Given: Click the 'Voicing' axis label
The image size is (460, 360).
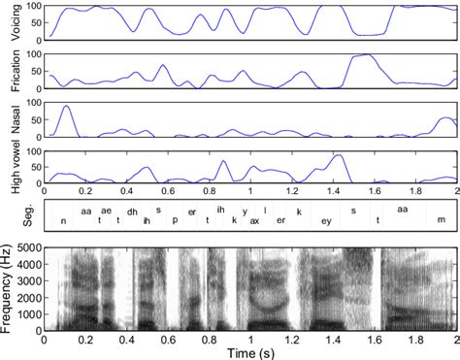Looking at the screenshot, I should point(14,22).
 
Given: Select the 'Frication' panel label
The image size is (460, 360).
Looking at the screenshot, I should point(14,71).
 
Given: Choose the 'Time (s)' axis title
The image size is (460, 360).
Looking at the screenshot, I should point(250,352).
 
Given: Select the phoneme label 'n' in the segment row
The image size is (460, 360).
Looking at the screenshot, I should point(64,220).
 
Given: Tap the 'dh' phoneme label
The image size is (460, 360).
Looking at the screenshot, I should point(132,212).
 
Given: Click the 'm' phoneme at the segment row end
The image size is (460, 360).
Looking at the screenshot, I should point(442,220).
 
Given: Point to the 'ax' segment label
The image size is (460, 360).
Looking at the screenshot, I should point(254,220).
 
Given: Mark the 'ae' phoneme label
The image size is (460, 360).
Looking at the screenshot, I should point(106,211).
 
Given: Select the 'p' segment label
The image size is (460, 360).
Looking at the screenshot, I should point(175,220).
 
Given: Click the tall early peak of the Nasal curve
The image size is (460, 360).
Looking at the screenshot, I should point(66,106).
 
